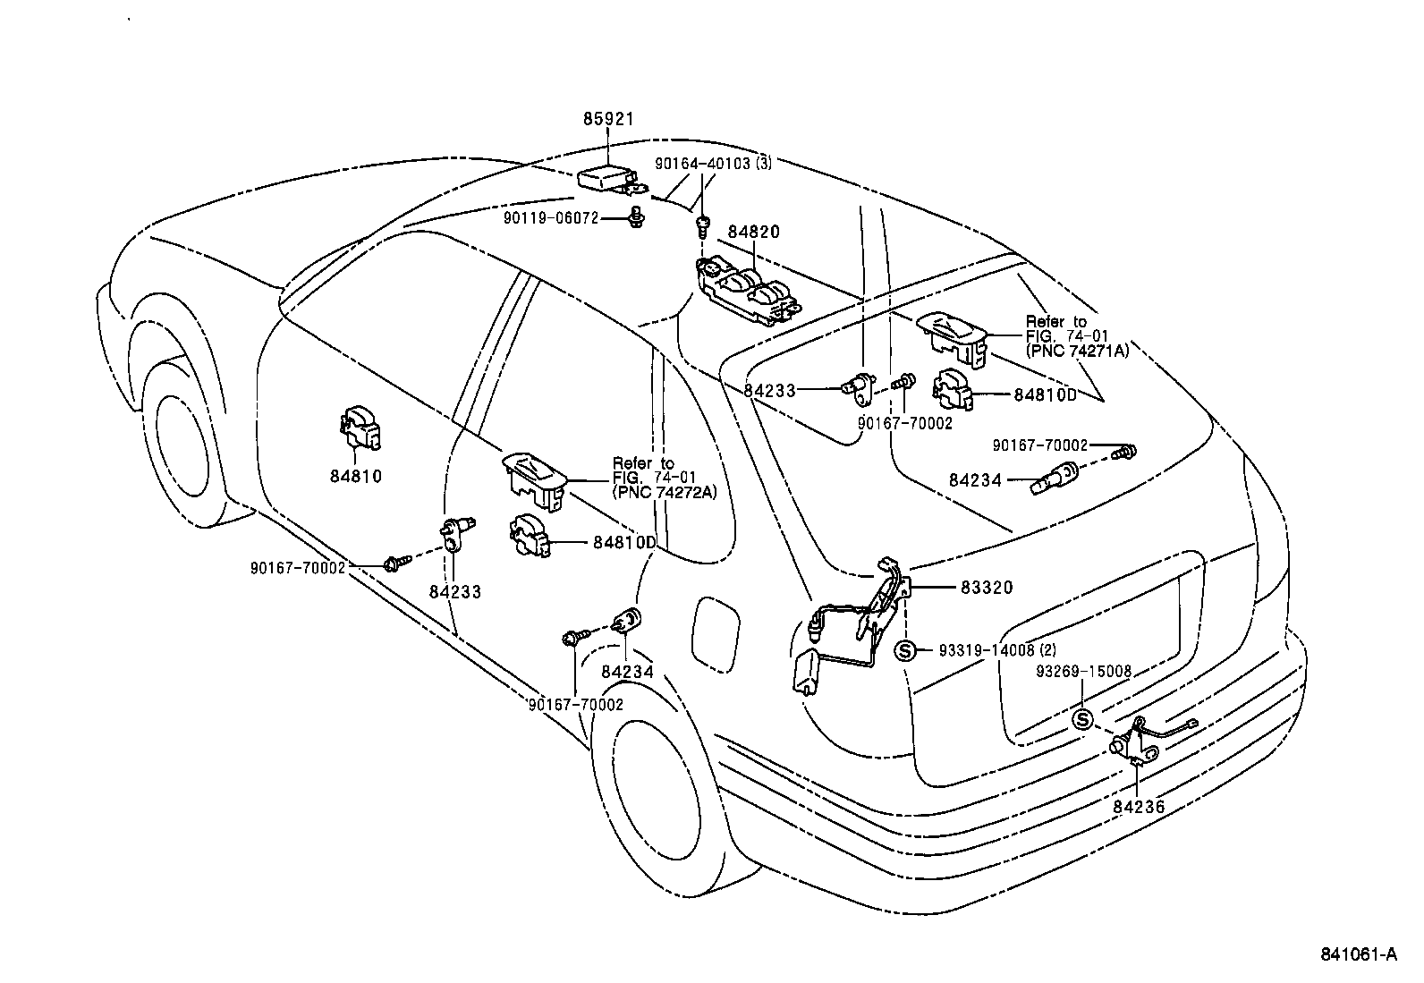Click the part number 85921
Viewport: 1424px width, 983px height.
tap(608, 118)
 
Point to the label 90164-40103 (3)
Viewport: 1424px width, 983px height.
tap(713, 164)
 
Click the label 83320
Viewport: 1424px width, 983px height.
tap(987, 588)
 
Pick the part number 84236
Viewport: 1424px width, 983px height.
tap(1139, 806)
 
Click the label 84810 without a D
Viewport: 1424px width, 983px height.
tap(355, 476)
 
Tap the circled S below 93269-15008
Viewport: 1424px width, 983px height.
tap(1083, 719)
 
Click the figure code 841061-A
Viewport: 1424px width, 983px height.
tap(1358, 954)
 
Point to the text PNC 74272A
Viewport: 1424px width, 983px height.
tap(665, 491)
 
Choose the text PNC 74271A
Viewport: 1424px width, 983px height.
tap(1078, 351)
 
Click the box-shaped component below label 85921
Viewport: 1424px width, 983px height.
tap(606, 179)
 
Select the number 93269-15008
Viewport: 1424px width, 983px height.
tap(1084, 671)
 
